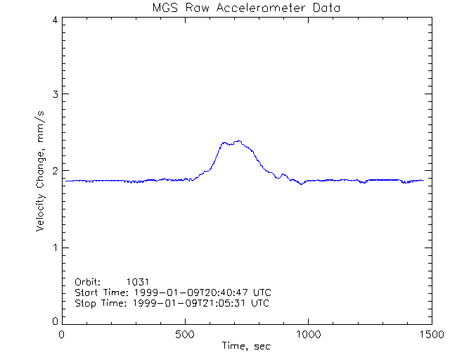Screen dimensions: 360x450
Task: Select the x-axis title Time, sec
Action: click(246, 346)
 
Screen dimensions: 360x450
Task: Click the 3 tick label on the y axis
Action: click(54, 94)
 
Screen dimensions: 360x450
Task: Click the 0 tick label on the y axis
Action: click(54, 321)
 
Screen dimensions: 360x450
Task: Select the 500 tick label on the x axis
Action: click(185, 335)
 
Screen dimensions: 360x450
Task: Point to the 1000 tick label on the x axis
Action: click(308, 335)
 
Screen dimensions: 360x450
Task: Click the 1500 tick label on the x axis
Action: click(431, 335)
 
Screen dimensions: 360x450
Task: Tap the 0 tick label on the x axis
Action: click(63, 335)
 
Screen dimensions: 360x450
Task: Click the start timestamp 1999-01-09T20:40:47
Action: click(200, 292)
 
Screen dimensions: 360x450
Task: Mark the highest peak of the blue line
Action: click(239, 141)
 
